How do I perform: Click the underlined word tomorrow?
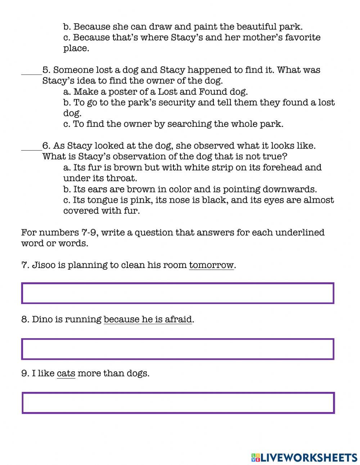[211, 265]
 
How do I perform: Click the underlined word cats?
[66, 374]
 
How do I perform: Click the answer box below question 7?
[178, 293]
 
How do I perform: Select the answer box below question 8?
[178, 349]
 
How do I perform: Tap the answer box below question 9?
[178, 403]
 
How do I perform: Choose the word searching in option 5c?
[189, 124]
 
